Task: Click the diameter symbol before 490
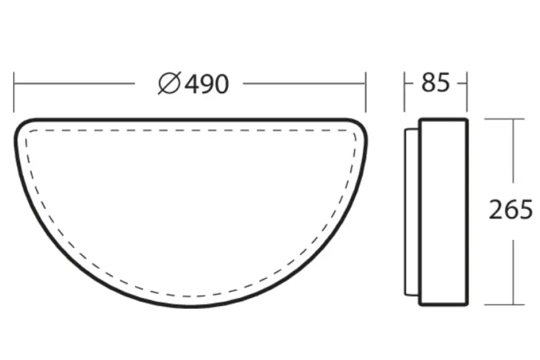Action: coord(169,84)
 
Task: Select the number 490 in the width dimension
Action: coord(207,84)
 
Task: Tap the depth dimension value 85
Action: coord(435,83)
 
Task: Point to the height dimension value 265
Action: coord(510,210)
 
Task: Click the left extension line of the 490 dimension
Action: coord(14,92)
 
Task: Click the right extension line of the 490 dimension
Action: coord(365,92)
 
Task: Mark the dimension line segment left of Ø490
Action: coord(75,84)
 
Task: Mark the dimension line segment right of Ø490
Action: coord(304,84)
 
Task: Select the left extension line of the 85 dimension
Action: coord(405,92)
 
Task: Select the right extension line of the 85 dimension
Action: coord(467,92)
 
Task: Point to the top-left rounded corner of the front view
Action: coord(23,126)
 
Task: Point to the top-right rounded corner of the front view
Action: coord(358,126)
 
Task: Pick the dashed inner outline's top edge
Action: coord(190,130)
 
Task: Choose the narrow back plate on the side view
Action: coord(411,211)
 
